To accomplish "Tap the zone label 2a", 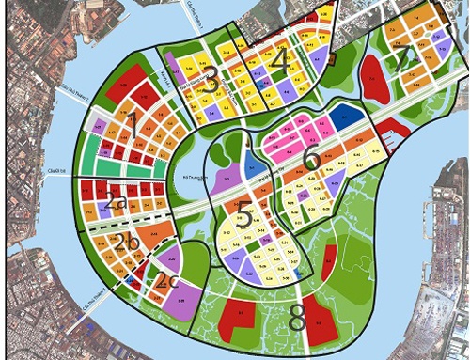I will pos(117,200).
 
